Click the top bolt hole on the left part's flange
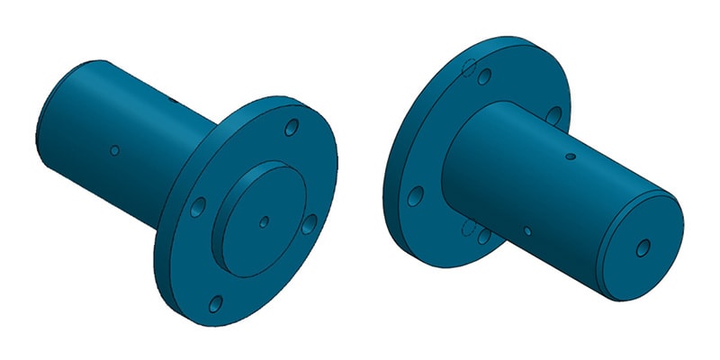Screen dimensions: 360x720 click(x=291, y=129)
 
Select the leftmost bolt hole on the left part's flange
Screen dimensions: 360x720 click(x=199, y=205)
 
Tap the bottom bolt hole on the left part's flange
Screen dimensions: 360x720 click(x=216, y=303)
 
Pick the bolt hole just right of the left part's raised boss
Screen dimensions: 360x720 click(x=309, y=223)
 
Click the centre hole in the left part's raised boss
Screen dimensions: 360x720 click(x=263, y=220)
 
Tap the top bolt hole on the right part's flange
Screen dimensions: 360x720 click(x=485, y=77)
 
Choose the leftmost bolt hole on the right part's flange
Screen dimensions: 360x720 click(x=416, y=194)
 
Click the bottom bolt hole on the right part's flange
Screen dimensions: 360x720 click(x=483, y=236)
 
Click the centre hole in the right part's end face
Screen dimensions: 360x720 click(x=643, y=246)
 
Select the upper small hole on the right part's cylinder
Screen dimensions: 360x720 click(x=570, y=158)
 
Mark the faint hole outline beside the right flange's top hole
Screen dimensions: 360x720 click(x=467, y=67)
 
